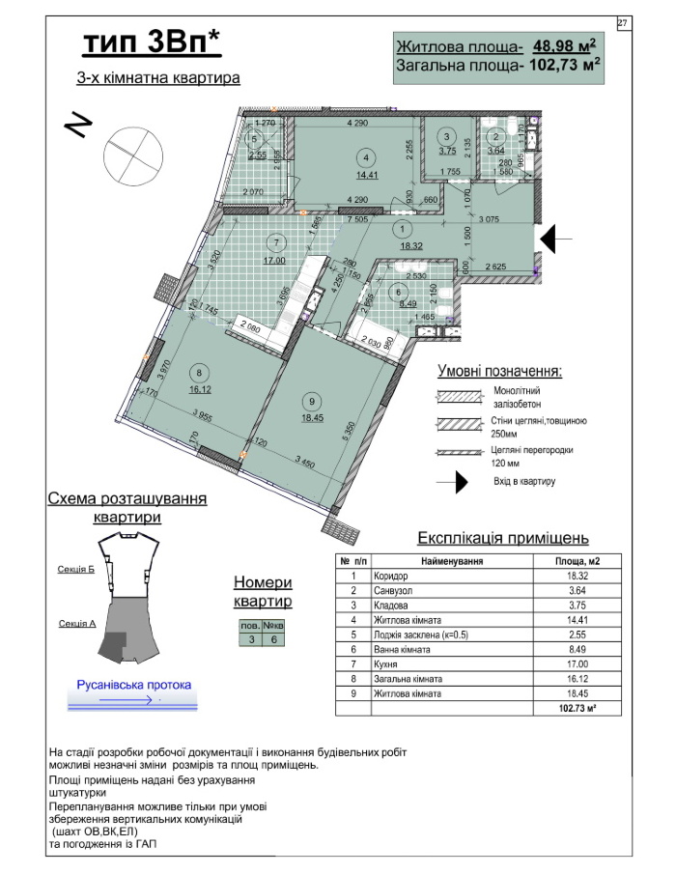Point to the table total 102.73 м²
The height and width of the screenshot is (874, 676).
click(575, 710)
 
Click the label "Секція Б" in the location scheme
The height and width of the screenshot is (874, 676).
click(75, 570)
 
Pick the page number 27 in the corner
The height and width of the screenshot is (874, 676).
click(623, 21)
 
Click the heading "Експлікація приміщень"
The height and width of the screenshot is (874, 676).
click(502, 538)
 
